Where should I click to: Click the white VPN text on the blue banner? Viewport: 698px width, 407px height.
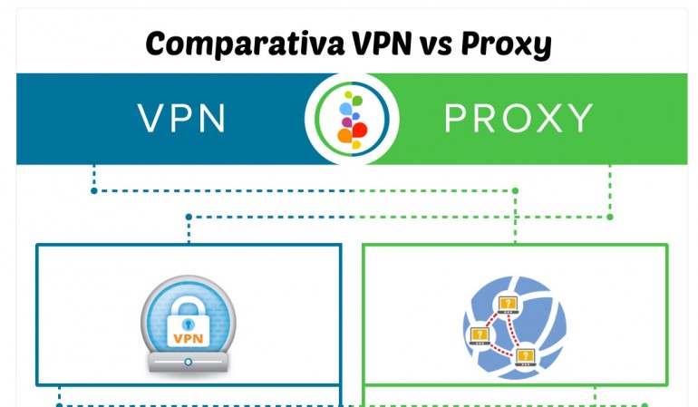point(181,119)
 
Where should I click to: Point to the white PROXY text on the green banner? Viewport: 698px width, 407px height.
point(518,119)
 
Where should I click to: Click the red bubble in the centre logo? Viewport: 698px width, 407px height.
point(358,130)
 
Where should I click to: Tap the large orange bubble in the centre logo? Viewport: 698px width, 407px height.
point(344,136)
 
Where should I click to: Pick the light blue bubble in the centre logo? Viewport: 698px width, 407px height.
point(345,108)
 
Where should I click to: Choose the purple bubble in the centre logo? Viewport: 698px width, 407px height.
point(346,121)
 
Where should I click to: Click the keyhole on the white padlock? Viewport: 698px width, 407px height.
point(189,324)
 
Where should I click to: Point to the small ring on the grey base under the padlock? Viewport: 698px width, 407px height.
point(189,363)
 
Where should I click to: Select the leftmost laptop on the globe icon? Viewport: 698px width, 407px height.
point(479,335)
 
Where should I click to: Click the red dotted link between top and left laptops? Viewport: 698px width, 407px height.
point(493,319)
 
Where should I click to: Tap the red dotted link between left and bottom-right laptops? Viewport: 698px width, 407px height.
point(500,347)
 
